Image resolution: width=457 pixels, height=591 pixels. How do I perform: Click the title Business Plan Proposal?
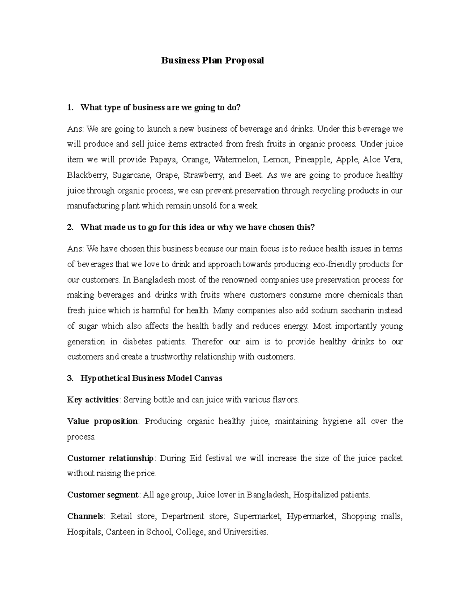(212, 61)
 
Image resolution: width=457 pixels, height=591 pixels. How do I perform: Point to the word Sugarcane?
(132, 175)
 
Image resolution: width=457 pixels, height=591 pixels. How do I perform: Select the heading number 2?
(70, 228)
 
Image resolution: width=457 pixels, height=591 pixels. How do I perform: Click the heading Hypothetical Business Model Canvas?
(151, 379)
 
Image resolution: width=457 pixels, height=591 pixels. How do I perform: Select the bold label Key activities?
(93, 400)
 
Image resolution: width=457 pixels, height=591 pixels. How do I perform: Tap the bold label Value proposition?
(102, 422)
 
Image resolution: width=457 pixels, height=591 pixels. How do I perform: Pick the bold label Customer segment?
(102, 495)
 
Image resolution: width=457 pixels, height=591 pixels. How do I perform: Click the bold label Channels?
(85, 517)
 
